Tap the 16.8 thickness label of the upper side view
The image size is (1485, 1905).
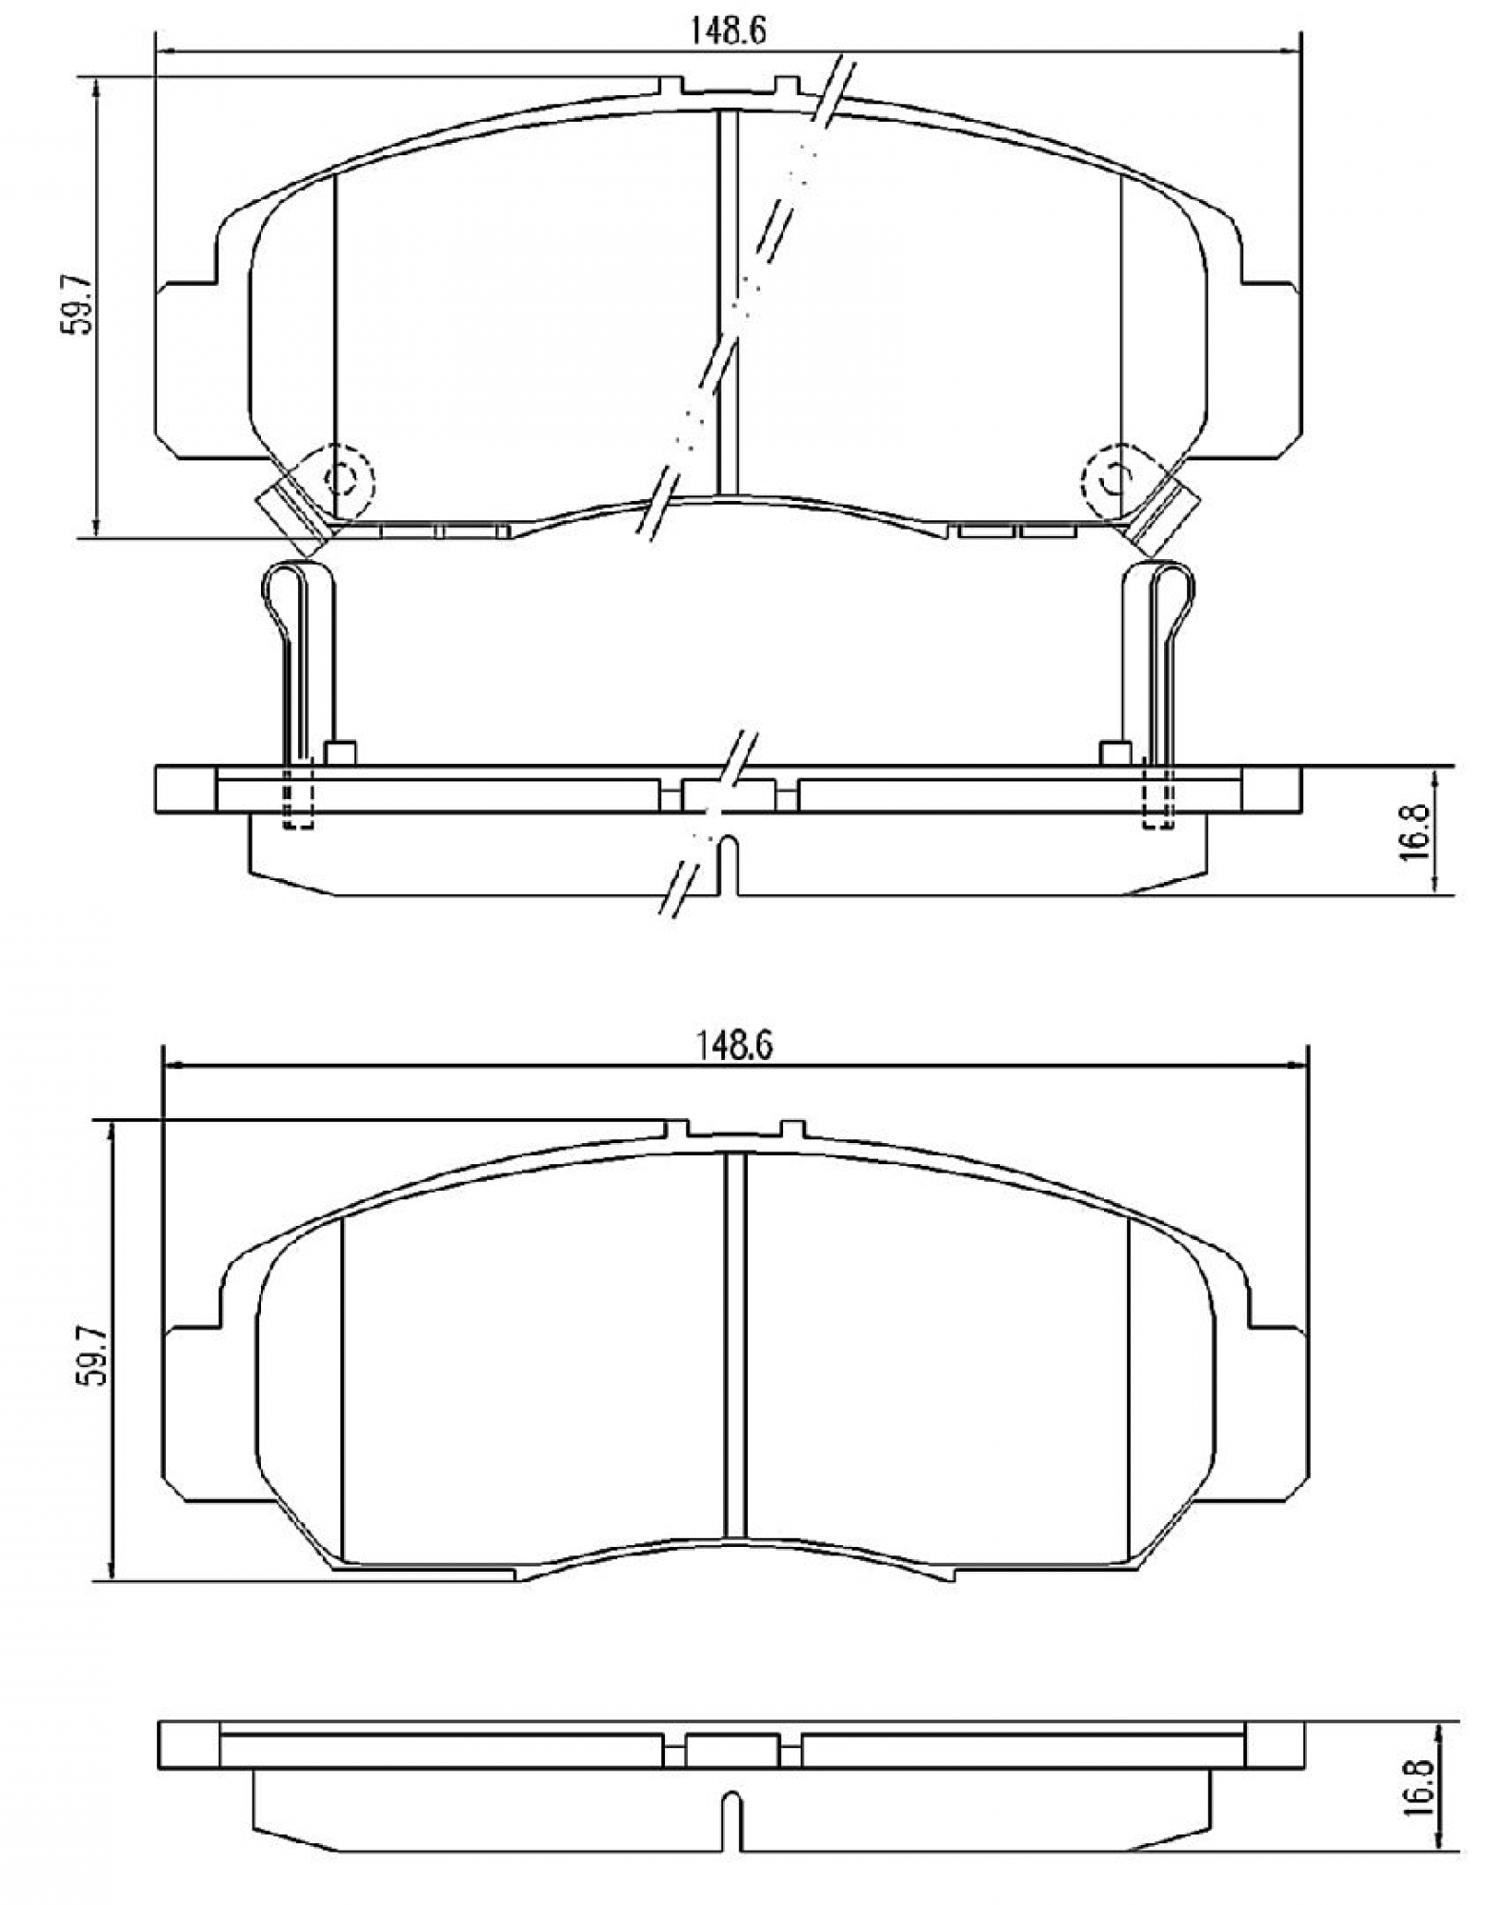[1416, 830]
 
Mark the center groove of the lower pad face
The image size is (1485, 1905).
[734, 1343]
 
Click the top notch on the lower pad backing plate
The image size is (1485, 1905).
[734, 1129]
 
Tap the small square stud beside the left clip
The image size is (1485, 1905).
[340, 752]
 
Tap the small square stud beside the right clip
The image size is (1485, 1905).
[1115, 752]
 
